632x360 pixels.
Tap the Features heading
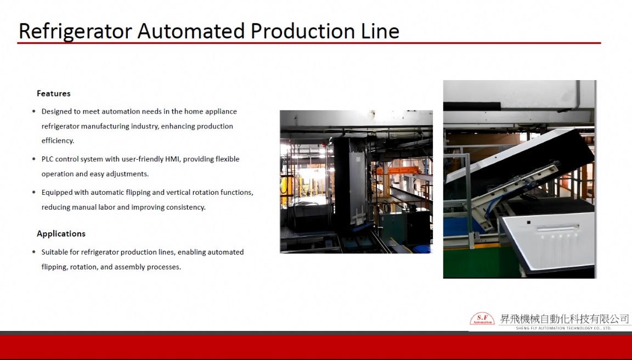[54, 93]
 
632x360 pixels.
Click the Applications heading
[61, 234]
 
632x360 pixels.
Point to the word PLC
[48, 159]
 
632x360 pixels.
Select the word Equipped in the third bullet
[57, 193]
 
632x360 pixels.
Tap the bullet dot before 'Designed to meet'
[34, 111]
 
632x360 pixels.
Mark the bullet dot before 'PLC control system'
[34, 159]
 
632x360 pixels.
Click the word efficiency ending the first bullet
[58, 141]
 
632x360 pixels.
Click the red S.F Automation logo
[482, 319]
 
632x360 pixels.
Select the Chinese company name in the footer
[564, 319]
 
